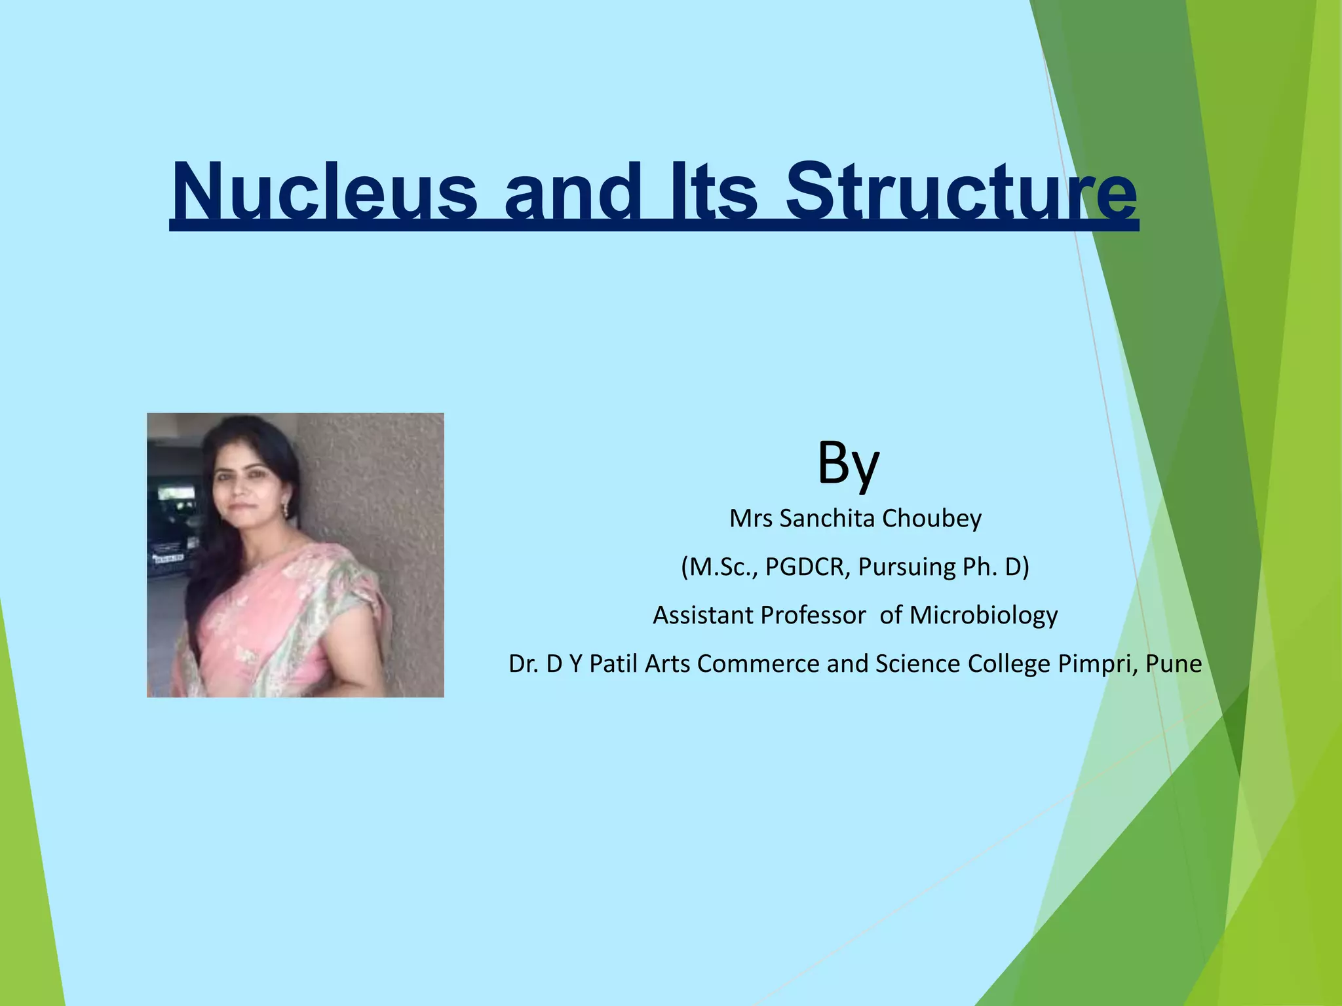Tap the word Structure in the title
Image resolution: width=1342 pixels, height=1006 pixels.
[961, 193]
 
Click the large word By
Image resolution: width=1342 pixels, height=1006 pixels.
[848, 463]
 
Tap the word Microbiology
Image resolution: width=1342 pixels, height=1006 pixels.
[983, 616]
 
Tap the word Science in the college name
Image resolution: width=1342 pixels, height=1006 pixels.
[918, 664]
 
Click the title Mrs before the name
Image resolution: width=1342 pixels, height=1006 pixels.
[751, 519]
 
